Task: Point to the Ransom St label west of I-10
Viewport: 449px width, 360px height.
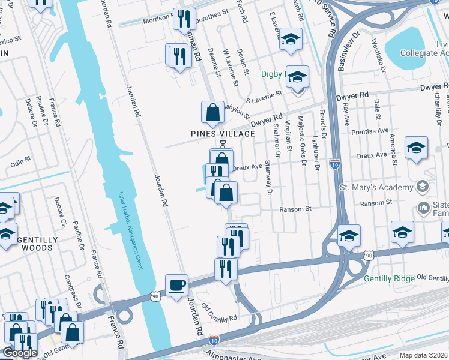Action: [295, 209]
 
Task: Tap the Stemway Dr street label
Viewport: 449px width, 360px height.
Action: [268, 175]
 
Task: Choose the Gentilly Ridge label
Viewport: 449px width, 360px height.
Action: [390, 279]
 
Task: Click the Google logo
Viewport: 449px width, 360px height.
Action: [19, 352]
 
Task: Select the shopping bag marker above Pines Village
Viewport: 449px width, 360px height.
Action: [212, 112]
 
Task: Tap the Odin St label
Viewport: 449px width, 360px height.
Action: [20, 161]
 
